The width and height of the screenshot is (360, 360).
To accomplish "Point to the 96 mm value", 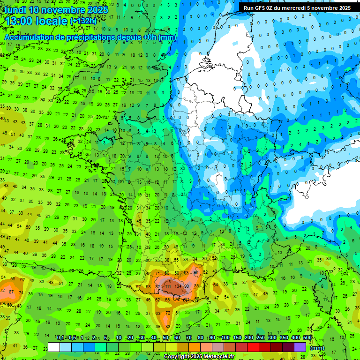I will click(x=195, y=272).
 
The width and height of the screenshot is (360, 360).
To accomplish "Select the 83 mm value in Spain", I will click(x=167, y=326).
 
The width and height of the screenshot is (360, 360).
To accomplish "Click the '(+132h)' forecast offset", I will click(x=83, y=22).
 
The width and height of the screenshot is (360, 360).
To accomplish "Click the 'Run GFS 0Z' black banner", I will click(x=297, y=8).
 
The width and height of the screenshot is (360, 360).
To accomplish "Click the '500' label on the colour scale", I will click(x=307, y=338).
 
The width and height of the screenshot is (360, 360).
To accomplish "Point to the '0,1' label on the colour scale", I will click(x=60, y=338).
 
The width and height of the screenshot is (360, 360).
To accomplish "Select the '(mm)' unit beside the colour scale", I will click(x=317, y=348).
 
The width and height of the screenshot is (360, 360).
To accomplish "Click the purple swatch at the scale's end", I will click(x=300, y=347).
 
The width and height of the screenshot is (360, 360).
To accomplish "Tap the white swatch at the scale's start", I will click(x=54, y=347).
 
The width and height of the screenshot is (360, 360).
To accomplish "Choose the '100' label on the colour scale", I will click(x=225, y=338).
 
